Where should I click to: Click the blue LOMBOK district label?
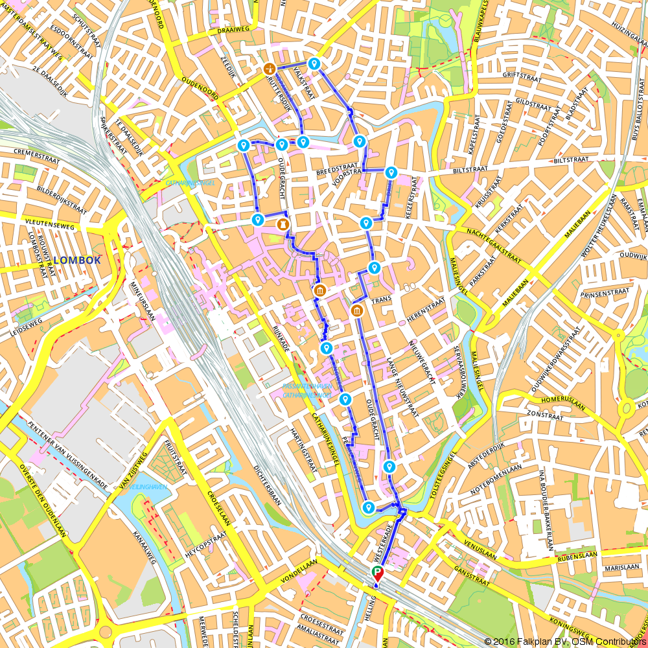(x=77, y=260)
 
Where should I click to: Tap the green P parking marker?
(x=377, y=572)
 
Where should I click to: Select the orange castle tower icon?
(x=283, y=224)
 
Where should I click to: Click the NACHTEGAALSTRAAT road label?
(x=493, y=246)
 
